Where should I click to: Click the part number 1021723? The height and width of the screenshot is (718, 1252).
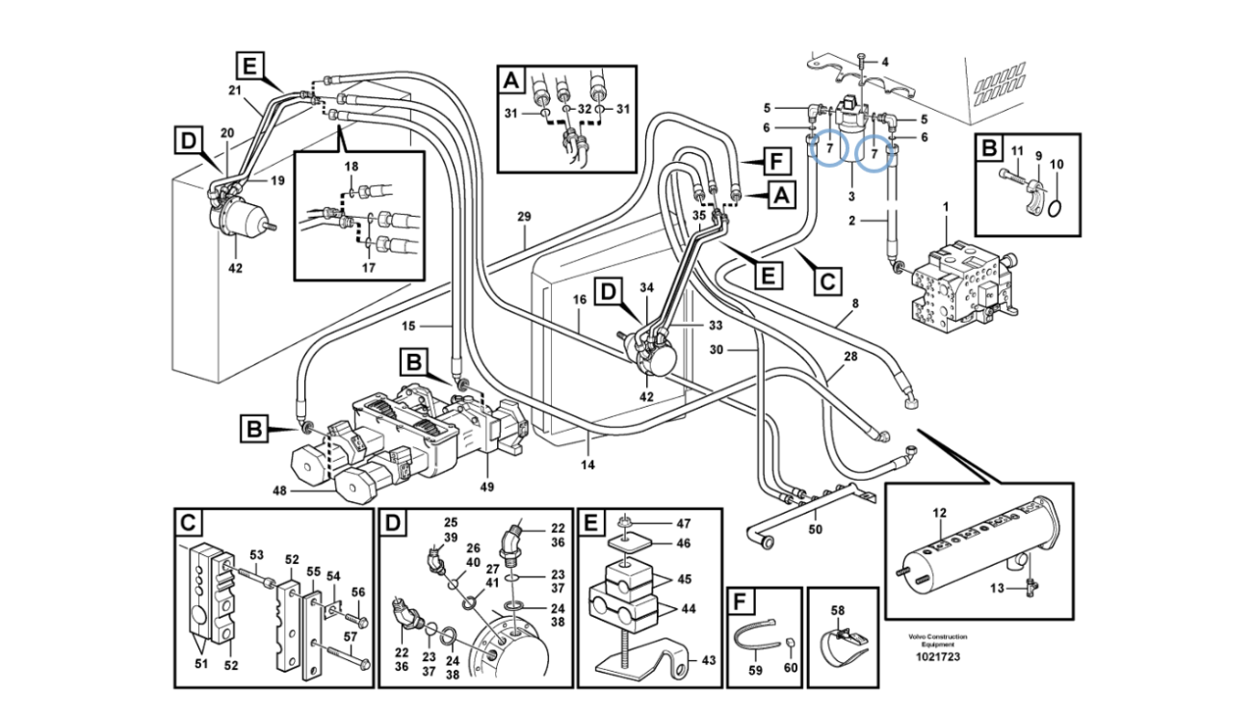point(937,657)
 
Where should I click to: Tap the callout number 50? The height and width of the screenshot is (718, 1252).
point(815,530)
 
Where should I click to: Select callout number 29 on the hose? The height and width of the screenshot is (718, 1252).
point(524,217)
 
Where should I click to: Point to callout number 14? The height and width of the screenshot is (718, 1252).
point(587,465)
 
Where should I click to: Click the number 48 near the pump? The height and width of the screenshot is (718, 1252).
point(279,492)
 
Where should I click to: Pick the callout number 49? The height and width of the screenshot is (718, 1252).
point(486,487)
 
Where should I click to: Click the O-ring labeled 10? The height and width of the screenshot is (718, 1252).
point(1056,208)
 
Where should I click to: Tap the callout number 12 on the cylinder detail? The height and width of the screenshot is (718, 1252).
point(940,514)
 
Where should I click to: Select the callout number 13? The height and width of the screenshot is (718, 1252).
point(997,587)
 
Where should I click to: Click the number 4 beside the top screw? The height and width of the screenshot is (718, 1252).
point(885,62)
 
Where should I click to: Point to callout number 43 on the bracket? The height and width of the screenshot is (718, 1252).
point(709,660)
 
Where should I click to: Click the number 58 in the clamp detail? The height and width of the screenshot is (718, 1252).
point(837,611)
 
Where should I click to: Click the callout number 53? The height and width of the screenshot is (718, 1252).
point(256,554)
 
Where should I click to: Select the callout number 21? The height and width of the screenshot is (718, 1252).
point(234,90)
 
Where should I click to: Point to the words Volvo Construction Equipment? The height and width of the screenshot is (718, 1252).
point(936,640)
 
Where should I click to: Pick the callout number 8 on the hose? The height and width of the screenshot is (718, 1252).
point(855,304)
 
